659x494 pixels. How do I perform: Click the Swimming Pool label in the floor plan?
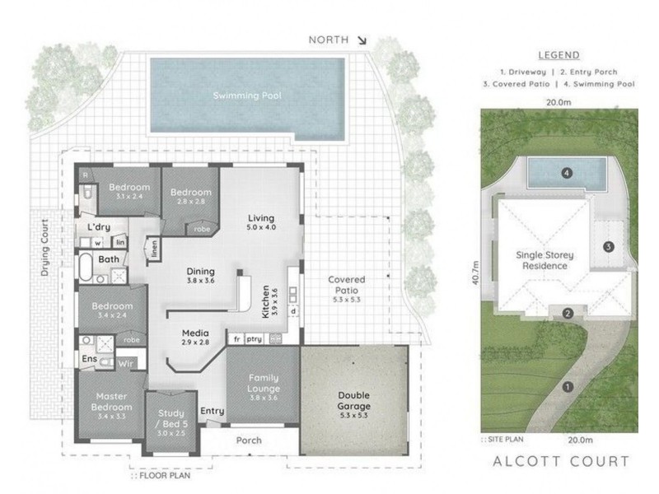pyautogui.click(x=247, y=96)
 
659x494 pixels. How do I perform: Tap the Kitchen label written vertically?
pyautogui.click(x=265, y=302)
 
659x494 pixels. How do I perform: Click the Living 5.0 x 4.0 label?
pyautogui.click(x=260, y=223)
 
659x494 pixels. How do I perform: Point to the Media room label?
pyautogui.click(x=195, y=338)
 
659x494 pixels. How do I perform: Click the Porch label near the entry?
pyautogui.click(x=249, y=440)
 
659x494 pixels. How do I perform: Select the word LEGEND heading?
pyautogui.click(x=559, y=56)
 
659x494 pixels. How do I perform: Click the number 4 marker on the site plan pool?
pyautogui.click(x=566, y=173)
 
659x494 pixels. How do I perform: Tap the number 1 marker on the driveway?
pyautogui.click(x=566, y=386)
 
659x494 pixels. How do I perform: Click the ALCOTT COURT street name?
pyautogui.click(x=561, y=462)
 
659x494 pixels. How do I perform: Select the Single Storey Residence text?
pyautogui.click(x=541, y=260)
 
